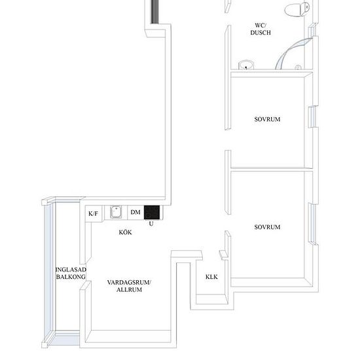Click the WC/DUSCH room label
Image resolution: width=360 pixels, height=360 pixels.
(x=261, y=29)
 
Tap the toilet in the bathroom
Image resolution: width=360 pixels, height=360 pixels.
(x=297, y=9)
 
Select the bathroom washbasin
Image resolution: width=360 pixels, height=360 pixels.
(x=246, y=65)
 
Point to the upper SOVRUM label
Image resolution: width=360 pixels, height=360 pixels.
(x=267, y=119)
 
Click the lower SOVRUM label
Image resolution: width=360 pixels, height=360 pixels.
(x=267, y=227)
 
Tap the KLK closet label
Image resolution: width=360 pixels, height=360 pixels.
(x=211, y=277)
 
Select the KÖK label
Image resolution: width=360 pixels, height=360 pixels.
(x=126, y=232)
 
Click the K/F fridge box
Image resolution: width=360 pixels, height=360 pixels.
(x=93, y=213)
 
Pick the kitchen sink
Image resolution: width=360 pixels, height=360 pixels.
(x=116, y=211)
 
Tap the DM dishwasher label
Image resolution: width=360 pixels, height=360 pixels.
(x=135, y=212)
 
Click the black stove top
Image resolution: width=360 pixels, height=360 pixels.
(x=152, y=212)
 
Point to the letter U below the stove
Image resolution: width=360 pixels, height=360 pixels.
(x=151, y=223)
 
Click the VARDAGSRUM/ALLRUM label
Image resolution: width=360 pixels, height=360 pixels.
(x=129, y=286)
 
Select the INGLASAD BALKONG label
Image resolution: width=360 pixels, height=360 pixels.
(x=71, y=273)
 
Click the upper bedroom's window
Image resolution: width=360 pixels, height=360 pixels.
(x=312, y=117)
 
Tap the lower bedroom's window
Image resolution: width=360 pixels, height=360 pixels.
(x=312, y=224)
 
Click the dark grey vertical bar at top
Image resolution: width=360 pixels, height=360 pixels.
(x=155, y=12)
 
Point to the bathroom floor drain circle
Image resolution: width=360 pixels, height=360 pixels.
(x=298, y=67)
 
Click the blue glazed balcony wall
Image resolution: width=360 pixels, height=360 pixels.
(x=48, y=273)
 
